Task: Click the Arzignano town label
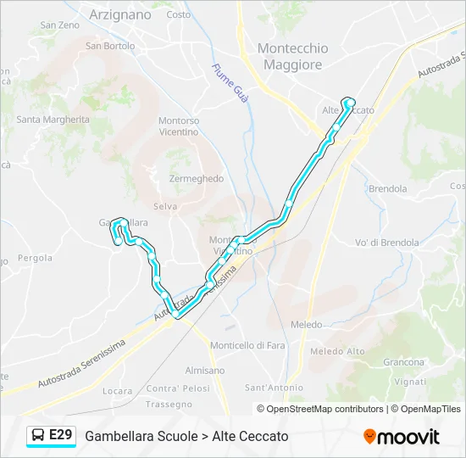pos(120,14)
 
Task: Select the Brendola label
pos(387,188)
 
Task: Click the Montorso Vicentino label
pos(179,126)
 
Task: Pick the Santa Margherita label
pos(53,120)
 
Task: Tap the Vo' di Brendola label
pos(386,243)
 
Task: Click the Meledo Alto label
pos(337,351)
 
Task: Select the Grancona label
pos(403,362)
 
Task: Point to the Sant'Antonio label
pos(274,388)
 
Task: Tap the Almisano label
pos(204,371)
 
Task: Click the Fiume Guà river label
pos(230,84)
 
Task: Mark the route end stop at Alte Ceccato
pos(348,103)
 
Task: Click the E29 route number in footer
pos(61,435)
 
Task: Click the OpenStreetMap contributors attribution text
pos(319,409)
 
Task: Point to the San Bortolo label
pos(109,46)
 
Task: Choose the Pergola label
pos(35,257)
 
